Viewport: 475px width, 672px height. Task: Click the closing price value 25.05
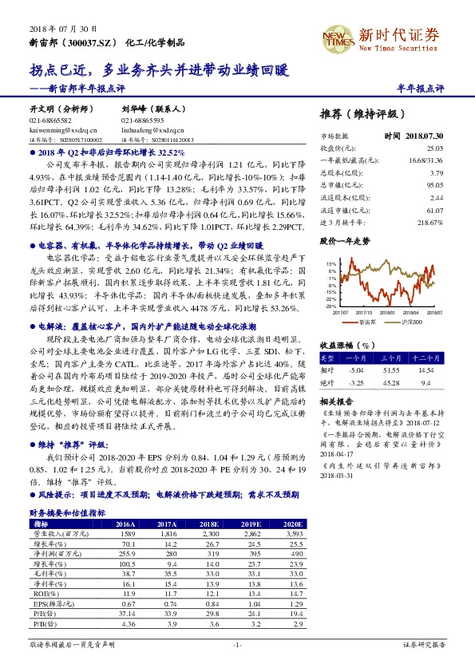coord(434,148)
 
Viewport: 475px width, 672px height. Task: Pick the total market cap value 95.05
coord(434,184)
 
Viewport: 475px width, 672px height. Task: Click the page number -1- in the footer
coord(237,642)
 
